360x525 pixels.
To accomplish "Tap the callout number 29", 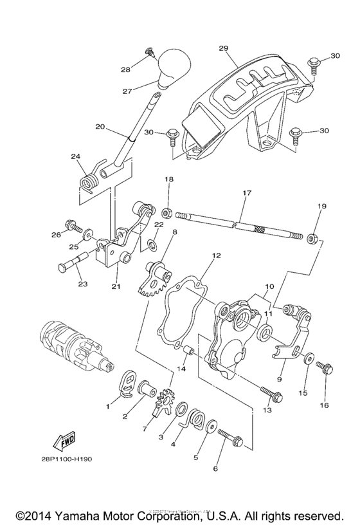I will click(224, 49).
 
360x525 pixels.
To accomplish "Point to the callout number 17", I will click(246, 192).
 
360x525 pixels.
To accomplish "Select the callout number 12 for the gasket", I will click(216, 255).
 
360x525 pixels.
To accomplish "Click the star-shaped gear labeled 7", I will click(165, 403).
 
